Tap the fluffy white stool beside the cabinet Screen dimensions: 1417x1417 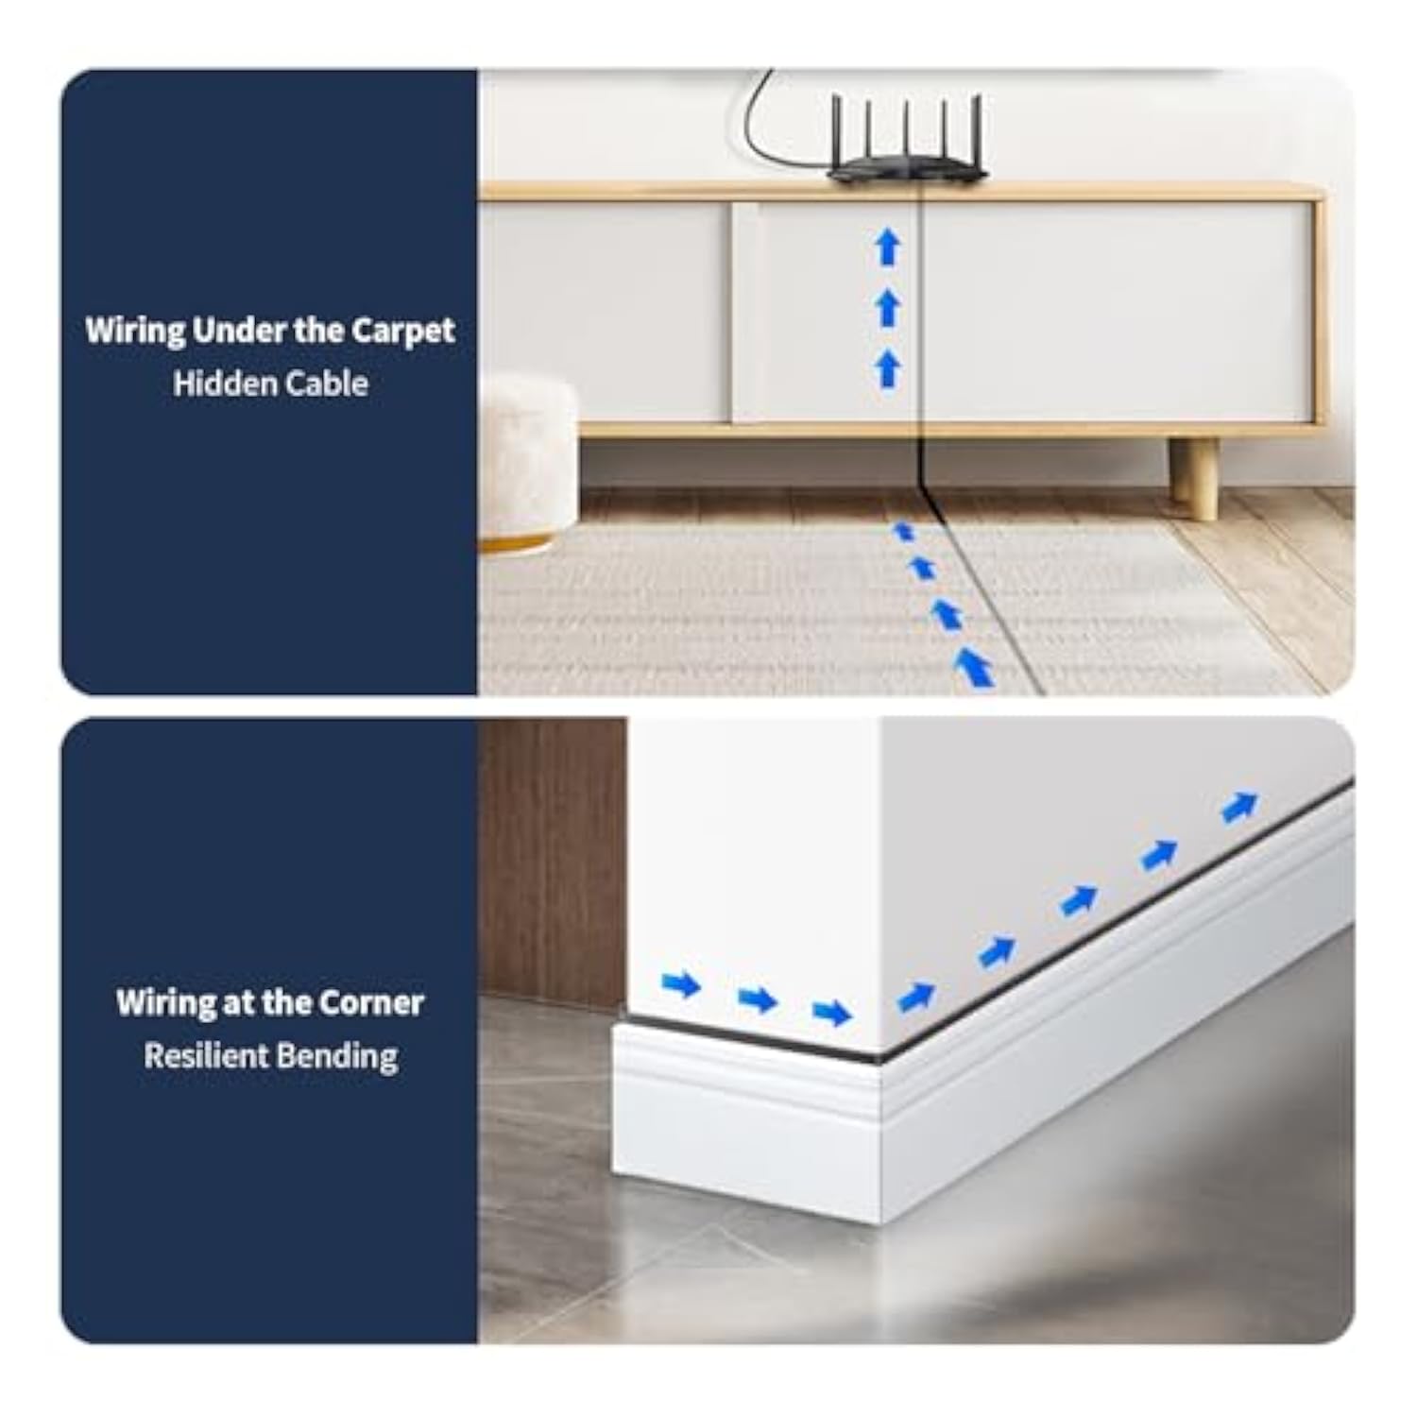click(x=527, y=463)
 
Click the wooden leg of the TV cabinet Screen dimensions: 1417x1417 click(x=1194, y=478)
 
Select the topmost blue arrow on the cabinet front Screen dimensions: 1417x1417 click(x=887, y=248)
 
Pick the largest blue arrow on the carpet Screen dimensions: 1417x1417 click(x=973, y=667)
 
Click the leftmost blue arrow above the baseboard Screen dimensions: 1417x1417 click(x=681, y=984)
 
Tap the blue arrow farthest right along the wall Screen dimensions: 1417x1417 click(x=1239, y=807)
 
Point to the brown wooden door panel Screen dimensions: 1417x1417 click(x=552, y=860)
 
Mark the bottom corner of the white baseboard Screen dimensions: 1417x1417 click(x=882, y=1224)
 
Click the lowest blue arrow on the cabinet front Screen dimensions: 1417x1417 click(x=887, y=368)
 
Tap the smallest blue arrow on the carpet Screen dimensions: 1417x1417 click(x=904, y=531)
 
